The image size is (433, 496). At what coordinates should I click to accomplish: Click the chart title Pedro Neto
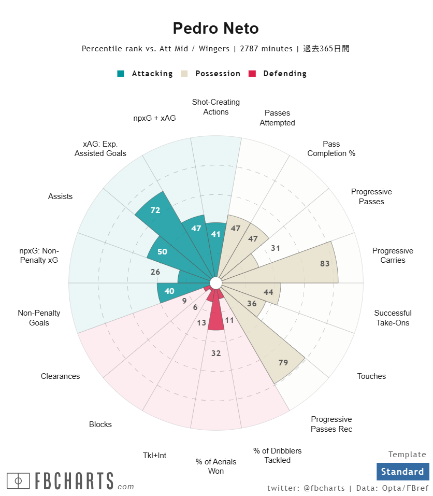215,28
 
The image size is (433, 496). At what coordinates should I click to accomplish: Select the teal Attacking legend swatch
121,74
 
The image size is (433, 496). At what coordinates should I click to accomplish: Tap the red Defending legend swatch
252,74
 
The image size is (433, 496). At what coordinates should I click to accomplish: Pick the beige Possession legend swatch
184,74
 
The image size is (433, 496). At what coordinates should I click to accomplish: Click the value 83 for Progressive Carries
325,263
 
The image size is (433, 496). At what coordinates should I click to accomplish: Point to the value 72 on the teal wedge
155,210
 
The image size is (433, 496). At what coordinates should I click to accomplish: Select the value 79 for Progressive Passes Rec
283,362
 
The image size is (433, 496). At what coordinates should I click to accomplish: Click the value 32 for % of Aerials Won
216,353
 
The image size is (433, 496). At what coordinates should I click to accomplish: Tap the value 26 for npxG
155,272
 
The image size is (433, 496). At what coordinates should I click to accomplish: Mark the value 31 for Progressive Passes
276,248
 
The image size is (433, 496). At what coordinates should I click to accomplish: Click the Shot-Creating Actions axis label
215,107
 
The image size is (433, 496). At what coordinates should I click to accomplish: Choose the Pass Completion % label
331,149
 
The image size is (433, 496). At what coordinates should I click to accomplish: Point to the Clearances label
61,376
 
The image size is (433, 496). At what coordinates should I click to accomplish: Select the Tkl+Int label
154,456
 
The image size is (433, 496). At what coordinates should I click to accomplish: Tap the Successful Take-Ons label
393,318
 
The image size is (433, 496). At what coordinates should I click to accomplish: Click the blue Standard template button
402,472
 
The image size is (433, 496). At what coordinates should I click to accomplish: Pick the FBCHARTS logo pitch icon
19,481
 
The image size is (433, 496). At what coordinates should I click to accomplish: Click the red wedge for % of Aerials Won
216,318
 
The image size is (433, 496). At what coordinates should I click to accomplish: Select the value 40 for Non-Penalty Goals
169,291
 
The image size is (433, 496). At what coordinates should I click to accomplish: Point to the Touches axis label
371,376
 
